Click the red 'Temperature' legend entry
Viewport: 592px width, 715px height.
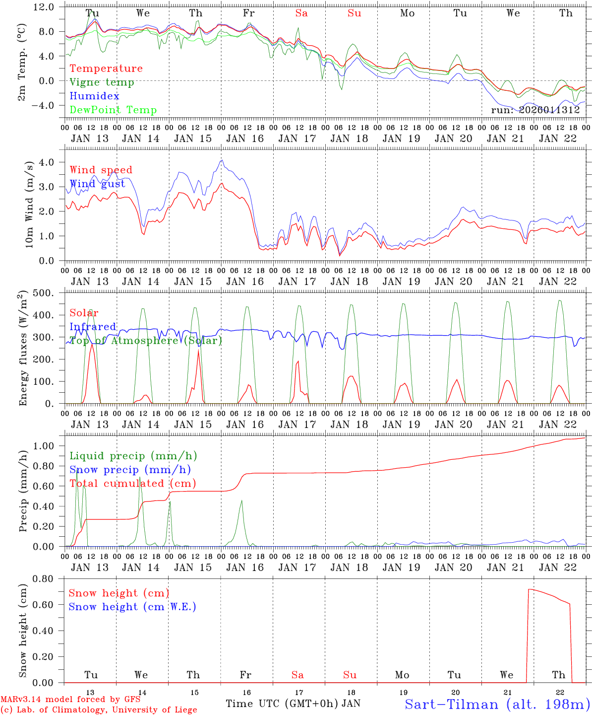(106, 69)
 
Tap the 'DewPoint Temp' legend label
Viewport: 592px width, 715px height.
(113, 110)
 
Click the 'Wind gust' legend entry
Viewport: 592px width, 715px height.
(97, 184)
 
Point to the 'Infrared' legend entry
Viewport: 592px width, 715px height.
(93, 327)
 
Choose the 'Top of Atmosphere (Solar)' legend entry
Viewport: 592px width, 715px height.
(145, 341)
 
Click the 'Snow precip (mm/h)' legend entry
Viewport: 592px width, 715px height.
(130, 470)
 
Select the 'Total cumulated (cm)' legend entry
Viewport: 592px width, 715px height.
(133, 484)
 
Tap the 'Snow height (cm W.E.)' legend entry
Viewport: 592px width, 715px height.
(132, 607)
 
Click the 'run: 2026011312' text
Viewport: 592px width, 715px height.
(535, 110)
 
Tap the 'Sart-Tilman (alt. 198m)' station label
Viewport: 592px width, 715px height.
(497, 704)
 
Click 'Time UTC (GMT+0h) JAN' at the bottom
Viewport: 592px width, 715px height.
(293, 704)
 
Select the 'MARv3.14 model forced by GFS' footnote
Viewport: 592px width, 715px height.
(70, 700)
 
